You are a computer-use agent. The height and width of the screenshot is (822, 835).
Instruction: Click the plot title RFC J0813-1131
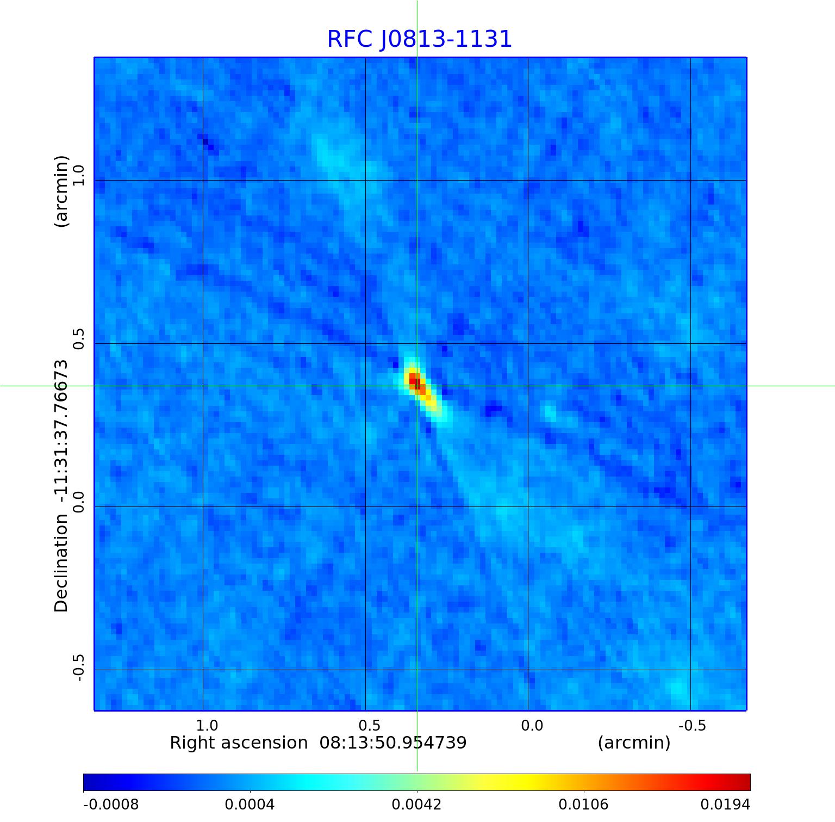(419, 39)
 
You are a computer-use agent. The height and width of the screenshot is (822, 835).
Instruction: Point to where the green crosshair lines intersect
(417, 386)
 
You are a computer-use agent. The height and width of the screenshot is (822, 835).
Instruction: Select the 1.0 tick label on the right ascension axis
(207, 725)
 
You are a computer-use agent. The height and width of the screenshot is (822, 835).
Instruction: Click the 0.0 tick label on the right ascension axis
(532, 725)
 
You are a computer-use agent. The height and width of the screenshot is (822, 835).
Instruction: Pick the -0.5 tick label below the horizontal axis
(693, 725)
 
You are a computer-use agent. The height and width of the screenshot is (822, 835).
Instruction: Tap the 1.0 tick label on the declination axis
(79, 176)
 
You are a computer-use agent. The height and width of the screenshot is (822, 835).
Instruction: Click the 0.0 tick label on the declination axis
(79, 502)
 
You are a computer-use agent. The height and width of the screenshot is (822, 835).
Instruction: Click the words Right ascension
(239, 743)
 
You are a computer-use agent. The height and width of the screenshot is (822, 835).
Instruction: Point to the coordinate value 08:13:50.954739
(392, 743)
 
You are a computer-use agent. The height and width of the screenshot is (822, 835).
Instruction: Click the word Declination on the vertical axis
(61, 563)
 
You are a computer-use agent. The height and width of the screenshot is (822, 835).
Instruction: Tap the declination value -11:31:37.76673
(61, 431)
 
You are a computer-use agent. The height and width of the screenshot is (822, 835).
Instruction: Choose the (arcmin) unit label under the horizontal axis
(634, 743)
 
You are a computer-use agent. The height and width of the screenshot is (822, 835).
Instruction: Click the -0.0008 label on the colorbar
(111, 805)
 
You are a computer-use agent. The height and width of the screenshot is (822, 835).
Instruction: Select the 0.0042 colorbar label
(417, 805)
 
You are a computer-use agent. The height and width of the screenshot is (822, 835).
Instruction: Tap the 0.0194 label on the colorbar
(725, 805)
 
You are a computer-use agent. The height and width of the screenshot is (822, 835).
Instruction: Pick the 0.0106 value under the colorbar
(584, 805)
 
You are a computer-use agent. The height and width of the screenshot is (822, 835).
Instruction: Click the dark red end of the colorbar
(745, 782)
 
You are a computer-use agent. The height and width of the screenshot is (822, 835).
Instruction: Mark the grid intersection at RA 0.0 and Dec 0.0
(528, 506)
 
